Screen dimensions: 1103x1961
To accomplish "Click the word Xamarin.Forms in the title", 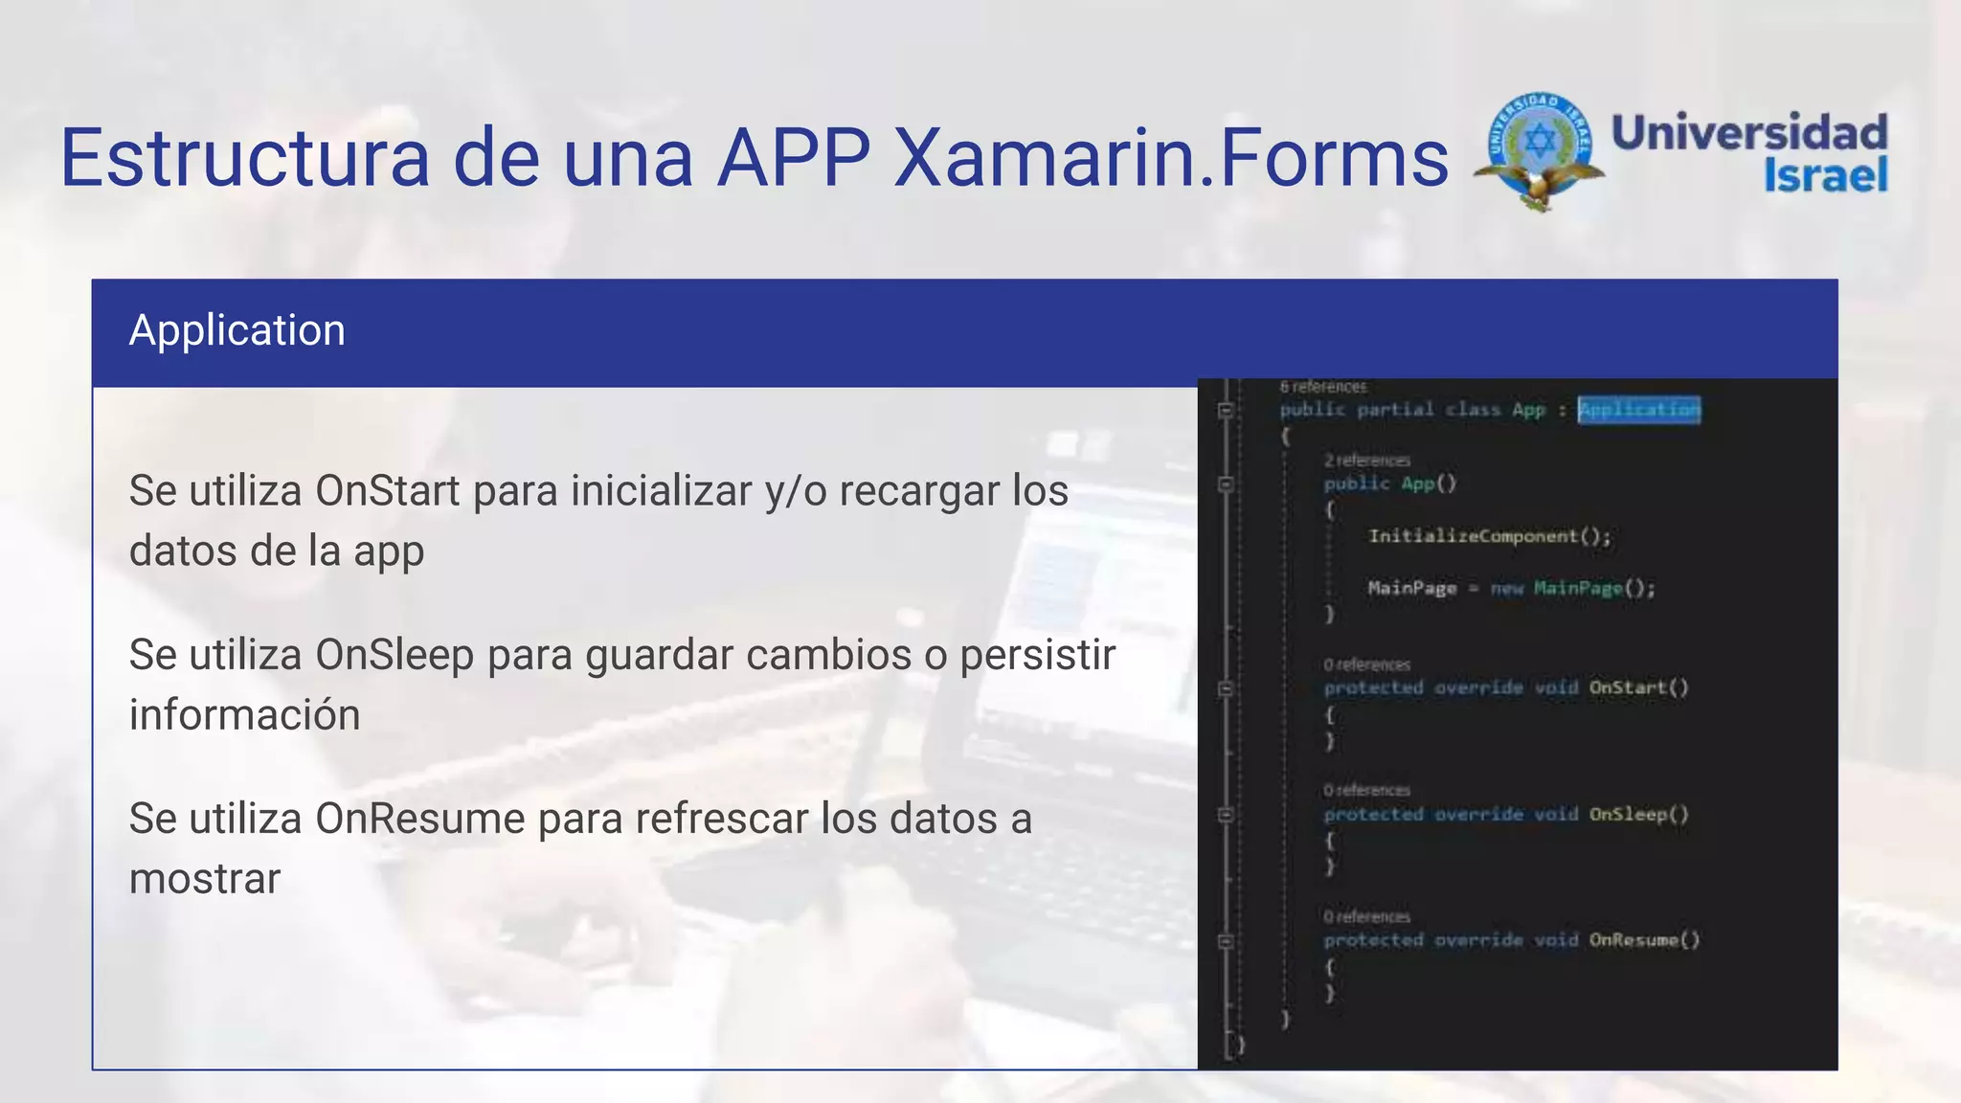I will coord(1171,158).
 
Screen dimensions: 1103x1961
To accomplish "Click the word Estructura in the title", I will coord(245,158).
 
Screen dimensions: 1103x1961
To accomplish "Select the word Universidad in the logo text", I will coord(1749,132).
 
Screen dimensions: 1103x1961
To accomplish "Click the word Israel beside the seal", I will coord(1825,175).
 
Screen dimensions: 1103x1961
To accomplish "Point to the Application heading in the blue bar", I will coord(237,330).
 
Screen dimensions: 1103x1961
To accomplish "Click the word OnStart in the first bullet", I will coord(388,491).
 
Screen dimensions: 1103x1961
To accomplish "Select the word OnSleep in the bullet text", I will coord(394,655).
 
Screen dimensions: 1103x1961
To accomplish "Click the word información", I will coord(244,715).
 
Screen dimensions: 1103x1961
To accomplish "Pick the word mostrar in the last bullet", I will coord(205,879).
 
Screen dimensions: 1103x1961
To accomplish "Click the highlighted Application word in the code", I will coord(1639,410).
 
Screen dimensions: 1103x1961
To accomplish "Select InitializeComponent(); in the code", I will coord(1489,536).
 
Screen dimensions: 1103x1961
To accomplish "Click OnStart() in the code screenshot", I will coord(1638,687).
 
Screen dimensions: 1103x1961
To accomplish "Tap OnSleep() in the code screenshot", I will coord(1638,814).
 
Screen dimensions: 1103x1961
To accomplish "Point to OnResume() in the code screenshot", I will coord(1644,940).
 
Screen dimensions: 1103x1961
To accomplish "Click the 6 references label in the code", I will coord(1323,387).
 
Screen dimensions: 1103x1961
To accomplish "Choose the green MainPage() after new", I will coord(1593,588).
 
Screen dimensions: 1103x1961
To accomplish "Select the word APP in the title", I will coord(794,158).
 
